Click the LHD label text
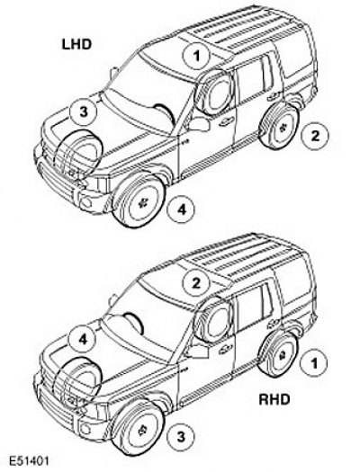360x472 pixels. [x=76, y=44]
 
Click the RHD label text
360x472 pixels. [x=274, y=400]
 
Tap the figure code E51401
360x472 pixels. [x=29, y=461]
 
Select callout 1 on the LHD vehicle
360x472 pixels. [x=197, y=56]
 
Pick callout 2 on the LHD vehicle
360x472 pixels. [x=315, y=136]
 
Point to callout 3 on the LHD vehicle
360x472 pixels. [x=83, y=112]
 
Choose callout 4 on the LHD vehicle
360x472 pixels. [x=181, y=209]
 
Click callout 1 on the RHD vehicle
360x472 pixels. [x=314, y=363]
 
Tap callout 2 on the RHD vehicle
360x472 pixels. [x=196, y=283]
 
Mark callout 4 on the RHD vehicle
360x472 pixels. [x=83, y=340]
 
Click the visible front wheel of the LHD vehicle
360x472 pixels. [x=139, y=200]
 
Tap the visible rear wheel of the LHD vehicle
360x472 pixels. [x=279, y=127]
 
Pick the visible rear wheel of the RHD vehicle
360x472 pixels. [x=278, y=353]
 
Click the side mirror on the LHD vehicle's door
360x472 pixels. [x=199, y=124]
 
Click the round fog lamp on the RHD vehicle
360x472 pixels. [x=86, y=429]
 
